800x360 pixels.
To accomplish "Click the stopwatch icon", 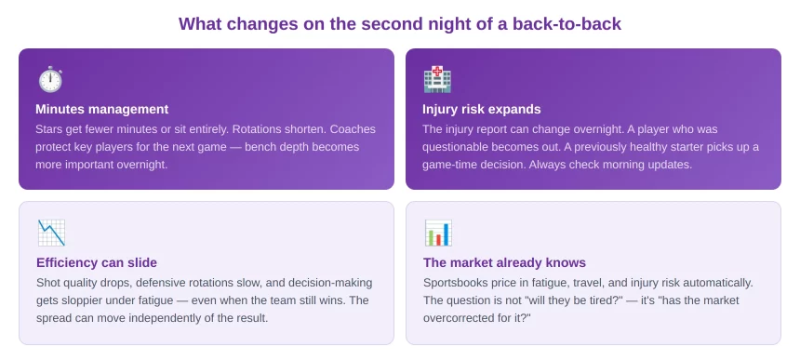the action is pos(50,80).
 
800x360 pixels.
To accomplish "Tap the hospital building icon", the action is pos(437,80).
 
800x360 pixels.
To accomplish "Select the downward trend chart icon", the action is pos(51,233).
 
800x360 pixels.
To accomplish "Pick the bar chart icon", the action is pos(438,233).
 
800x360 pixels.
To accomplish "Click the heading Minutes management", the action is pos(102,109).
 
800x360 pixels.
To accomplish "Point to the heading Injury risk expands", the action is pos(482,109).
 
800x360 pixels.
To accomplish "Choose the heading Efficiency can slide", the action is pos(97,262).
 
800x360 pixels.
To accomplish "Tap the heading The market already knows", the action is pos(504,262).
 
